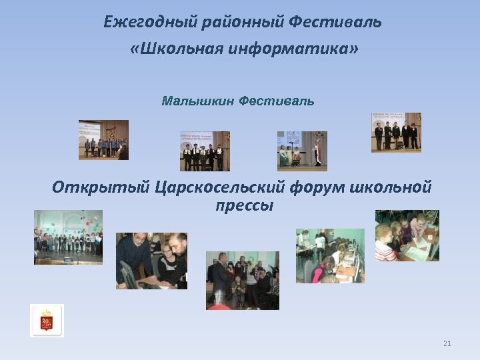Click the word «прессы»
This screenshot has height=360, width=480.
pos(245,205)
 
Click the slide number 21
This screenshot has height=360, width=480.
pos(447,344)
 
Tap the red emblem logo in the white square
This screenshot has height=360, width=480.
pos(47,321)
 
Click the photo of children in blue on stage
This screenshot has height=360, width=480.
pos(103,139)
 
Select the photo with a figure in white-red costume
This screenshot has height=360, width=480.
pos(302,151)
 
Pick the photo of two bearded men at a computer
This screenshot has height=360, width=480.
pos(151,261)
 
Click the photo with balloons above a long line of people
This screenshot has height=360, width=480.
pos(68,237)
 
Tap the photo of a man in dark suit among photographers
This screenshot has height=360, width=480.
pos(242,280)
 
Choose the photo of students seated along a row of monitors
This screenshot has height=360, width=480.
pos(330,256)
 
